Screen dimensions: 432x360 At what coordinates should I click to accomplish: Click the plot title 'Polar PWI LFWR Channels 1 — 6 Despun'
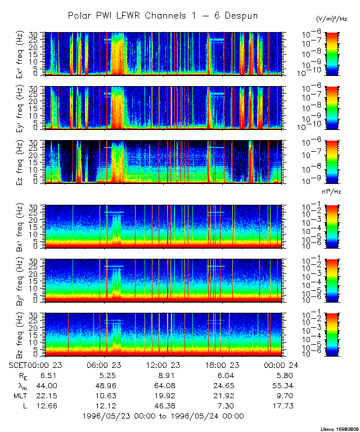coord(163,16)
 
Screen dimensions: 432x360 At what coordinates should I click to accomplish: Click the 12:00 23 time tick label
coord(163,364)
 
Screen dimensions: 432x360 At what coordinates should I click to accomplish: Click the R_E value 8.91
coord(163,375)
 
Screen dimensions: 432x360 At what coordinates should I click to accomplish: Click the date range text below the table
coord(163,416)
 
